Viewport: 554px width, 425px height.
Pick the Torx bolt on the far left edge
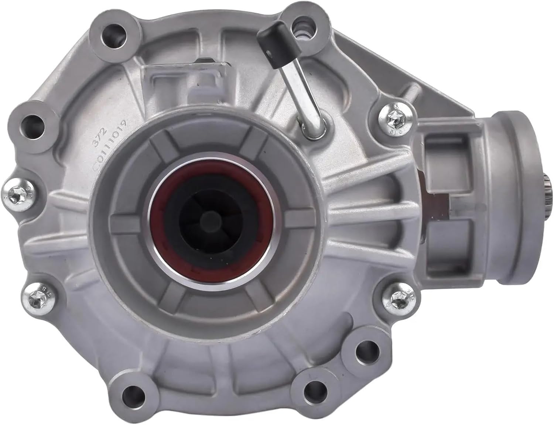tap(18, 193)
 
